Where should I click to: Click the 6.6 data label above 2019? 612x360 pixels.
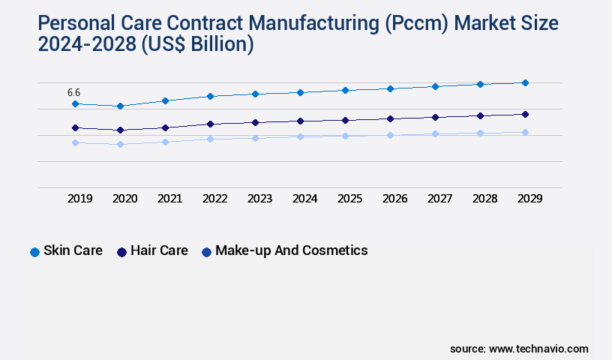pos(73,92)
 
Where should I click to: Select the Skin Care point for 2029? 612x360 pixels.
pos(525,82)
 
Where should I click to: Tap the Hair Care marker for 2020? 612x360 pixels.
pos(120,130)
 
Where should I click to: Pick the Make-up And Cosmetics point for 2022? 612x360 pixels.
pos(210,139)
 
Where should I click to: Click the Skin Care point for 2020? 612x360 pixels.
pos(120,106)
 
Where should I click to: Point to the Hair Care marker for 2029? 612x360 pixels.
pos(525,114)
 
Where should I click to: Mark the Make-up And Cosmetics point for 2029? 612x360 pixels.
pos(525,132)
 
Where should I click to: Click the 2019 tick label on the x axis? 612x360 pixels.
pos(80,199)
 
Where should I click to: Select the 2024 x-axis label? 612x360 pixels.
pos(304,199)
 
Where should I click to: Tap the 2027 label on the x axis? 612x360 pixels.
pos(439,199)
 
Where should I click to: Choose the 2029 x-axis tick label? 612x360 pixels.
pos(529,199)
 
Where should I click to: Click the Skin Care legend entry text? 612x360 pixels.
pos(73,250)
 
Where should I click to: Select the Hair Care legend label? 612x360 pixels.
pos(159,250)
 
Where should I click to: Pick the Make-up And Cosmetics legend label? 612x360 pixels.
pos(291,250)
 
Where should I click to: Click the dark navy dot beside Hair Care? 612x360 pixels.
pos(121,252)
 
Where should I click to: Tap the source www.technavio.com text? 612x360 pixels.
pos(519,349)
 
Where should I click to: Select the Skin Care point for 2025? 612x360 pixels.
pos(345,90)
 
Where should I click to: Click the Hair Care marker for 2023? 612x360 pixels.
pos(255,122)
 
